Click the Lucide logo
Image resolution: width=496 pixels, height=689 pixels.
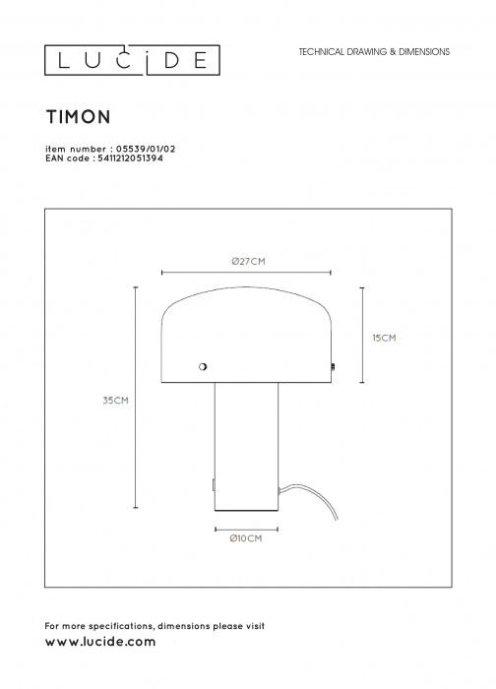tap(132, 60)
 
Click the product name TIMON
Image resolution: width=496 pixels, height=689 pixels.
tap(78, 117)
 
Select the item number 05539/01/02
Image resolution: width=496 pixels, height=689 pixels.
tap(146, 149)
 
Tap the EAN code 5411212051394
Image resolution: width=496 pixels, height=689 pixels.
tap(128, 158)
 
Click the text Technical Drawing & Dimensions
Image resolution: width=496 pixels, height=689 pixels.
tap(374, 52)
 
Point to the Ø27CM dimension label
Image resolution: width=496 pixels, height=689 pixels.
tap(249, 262)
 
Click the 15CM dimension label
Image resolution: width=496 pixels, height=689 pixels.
tap(384, 338)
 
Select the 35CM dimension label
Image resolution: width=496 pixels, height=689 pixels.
tap(115, 401)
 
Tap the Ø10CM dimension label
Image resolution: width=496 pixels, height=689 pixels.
tap(246, 538)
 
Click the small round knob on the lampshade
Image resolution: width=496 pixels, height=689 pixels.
tap(203, 366)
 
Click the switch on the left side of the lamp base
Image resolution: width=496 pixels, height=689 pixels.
tap(214, 485)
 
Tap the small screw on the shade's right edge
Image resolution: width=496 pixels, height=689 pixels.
tap(333, 366)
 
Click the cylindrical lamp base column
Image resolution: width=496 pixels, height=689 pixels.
tap(246, 447)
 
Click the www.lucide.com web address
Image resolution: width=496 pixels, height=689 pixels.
tap(100, 642)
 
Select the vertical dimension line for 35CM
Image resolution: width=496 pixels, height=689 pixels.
tap(136, 398)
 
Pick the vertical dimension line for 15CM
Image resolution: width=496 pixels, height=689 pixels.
tap(362, 336)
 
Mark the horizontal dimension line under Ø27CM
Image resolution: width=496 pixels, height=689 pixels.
tap(246, 273)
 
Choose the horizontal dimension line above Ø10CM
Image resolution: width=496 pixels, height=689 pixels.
tap(246, 530)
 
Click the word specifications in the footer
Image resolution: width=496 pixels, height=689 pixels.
tap(121, 626)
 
